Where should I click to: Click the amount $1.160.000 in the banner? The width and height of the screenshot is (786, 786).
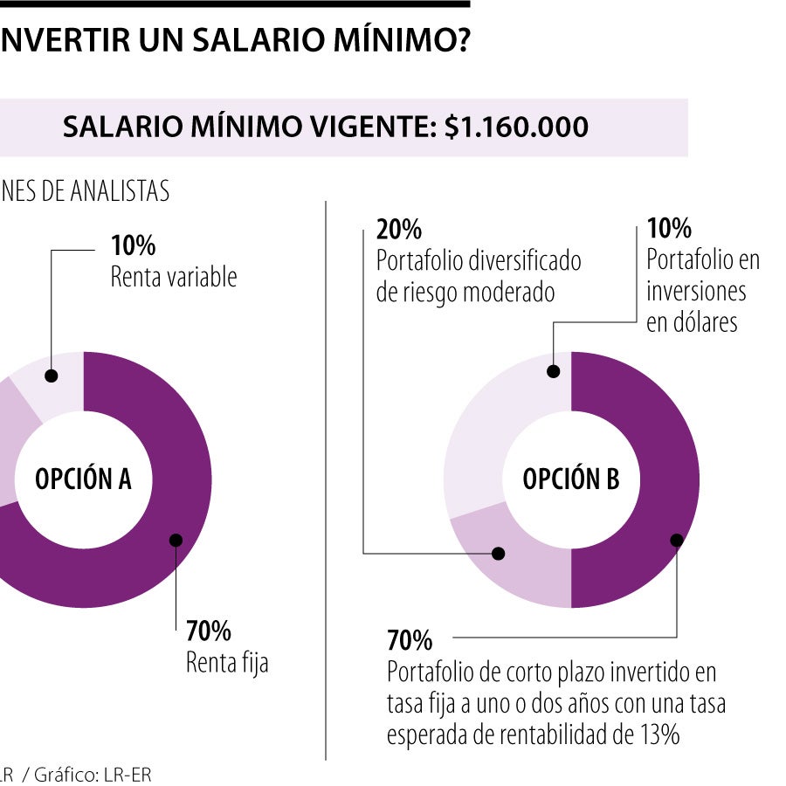(516, 128)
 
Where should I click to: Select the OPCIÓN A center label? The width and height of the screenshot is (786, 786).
(83, 479)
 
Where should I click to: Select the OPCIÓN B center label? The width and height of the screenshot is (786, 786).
(571, 479)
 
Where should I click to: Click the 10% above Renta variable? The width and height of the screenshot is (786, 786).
(133, 245)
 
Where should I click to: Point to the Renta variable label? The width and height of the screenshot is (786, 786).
(174, 278)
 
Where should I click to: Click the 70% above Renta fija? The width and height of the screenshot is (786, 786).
(208, 631)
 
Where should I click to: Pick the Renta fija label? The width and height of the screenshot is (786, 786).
(227, 663)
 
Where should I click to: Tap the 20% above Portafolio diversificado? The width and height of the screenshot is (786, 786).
(399, 230)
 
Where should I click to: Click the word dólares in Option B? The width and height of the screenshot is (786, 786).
(692, 322)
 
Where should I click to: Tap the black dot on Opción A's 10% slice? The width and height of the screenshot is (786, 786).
(52, 376)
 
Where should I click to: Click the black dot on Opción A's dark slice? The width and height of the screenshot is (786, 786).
(176, 541)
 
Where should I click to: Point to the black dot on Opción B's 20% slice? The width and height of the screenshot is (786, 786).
(499, 554)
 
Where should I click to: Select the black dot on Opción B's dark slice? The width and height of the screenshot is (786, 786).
(676, 540)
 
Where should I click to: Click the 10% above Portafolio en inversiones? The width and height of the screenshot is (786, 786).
(669, 229)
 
